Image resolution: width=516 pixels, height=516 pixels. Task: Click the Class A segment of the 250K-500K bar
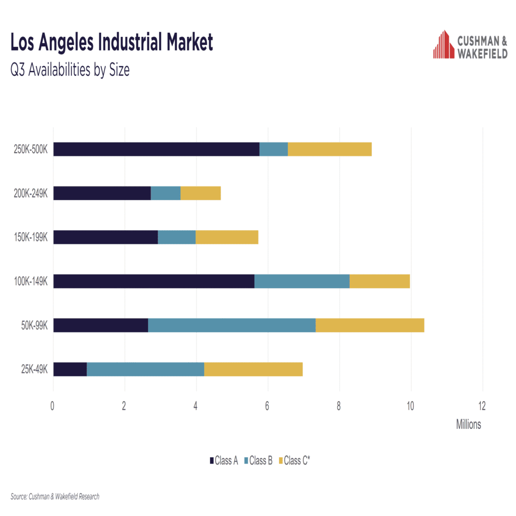[156, 149]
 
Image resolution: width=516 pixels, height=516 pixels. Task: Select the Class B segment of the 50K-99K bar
[232, 325]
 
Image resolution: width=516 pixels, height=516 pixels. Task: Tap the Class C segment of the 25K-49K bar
[253, 369]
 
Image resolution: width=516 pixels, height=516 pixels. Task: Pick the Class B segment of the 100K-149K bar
[302, 281]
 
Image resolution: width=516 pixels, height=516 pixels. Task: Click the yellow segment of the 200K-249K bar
[201, 193]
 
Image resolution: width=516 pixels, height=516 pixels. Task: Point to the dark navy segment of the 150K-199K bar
[105, 237]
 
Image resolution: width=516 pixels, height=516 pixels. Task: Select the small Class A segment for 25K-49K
[70, 369]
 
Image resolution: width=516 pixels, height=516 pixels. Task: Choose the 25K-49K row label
[32, 369]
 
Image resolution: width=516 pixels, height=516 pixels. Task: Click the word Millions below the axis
[468, 424]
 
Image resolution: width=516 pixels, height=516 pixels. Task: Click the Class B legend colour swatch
[246, 461]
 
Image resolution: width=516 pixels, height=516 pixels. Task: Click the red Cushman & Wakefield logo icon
[443, 44]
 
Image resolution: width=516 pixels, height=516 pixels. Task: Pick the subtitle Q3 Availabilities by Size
[70, 71]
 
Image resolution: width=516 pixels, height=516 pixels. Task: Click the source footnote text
[55, 496]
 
